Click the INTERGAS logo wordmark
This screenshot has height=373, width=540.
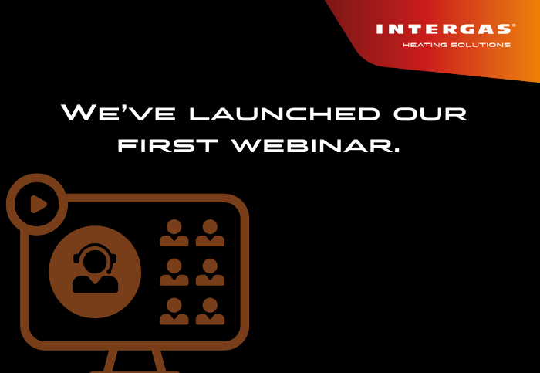pyautogui.click(x=444, y=29)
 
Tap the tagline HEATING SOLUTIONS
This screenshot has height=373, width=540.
pyautogui.click(x=457, y=45)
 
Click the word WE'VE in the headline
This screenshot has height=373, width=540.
pyautogui.click(x=119, y=112)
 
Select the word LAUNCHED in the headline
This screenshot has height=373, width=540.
pyautogui.click(x=285, y=114)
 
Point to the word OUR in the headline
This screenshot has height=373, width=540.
pyautogui.click(x=430, y=114)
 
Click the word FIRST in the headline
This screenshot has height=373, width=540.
pyautogui.click(x=167, y=145)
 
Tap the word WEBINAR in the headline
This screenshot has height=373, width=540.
pyautogui.click(x=312, y=145)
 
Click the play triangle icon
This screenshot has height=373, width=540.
pyautogui.click(x=38, y=204)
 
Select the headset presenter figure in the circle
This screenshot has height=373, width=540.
pyautogui.click(x=95, y=268)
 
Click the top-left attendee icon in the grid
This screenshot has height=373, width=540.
pyautogui.click(x=174, y=232)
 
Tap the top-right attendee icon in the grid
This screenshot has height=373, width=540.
pyautogui.click(x=210, y=232)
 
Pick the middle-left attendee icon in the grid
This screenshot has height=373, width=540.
pyautogui.click(x=174, y=272)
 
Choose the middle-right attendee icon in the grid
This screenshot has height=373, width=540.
pyautogui.click(x=210, y=272)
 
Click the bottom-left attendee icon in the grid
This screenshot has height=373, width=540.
pyautogui.click(x=174, y=311)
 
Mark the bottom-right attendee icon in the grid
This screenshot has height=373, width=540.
pyautogui.click(x=210, y=311)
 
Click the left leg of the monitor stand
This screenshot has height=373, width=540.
pyautogui.click(x=110, y=361)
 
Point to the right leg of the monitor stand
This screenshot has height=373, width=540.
pyautogui.click(x=159, y=361)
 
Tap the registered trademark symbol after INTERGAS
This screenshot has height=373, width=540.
pyautogui.click(x=515, y=25)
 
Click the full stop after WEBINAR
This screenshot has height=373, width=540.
pyautogui.click(x=397, y=151)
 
